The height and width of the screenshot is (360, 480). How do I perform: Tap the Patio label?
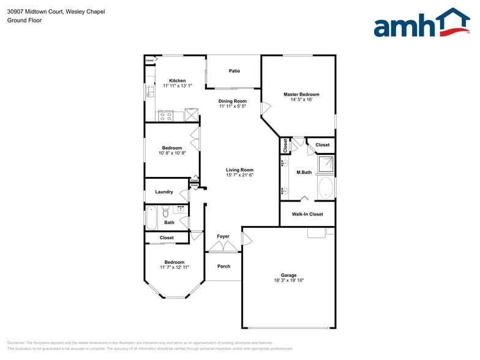coord(234,71)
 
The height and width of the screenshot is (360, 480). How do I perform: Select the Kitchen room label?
coord(178,81)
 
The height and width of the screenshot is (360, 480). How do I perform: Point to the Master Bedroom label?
coord(301,94)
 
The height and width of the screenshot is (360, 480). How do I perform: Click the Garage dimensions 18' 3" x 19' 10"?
coord(288,280)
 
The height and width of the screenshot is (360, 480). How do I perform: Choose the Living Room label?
coord(239,170)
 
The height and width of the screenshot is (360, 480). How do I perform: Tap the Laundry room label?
coord(164,192)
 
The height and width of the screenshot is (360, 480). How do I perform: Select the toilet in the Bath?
coord(165,211)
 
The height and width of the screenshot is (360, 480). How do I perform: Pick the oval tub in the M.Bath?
coord(326,187)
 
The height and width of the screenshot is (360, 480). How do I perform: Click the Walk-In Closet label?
coord(307,214)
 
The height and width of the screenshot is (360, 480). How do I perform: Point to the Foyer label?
coord(223,236)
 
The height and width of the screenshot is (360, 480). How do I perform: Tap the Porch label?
coord(224,266)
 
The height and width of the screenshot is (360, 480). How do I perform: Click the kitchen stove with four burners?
coord(165,115)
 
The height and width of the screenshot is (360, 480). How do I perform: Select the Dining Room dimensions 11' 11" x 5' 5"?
coord(233,107)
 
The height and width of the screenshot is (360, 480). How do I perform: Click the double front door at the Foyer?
coord(223,247)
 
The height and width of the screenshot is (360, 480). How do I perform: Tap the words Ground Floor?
coord(24,20)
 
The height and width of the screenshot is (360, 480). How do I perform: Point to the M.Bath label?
coord(304,173)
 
